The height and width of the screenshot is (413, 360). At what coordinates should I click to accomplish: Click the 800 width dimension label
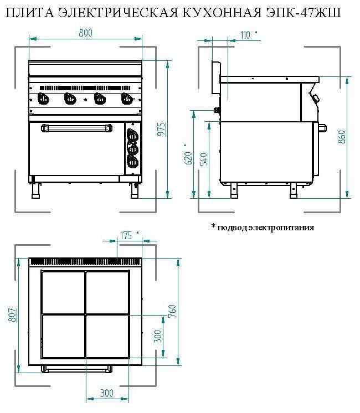[86, 33]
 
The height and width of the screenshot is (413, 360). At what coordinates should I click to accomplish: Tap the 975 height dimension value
[161, 129]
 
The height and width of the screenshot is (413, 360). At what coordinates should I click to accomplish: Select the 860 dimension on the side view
[342, 137]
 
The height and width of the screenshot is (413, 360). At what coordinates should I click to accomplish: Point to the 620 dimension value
[189, 158]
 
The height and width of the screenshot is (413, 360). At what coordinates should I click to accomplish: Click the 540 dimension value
[204, 159]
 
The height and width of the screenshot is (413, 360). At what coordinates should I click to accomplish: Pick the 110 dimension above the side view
[245, 35]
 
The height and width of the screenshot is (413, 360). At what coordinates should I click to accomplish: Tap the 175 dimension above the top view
[126, 235]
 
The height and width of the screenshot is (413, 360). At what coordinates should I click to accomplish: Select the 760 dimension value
[172, 311]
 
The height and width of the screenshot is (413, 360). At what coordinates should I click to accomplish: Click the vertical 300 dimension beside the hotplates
[158, 336]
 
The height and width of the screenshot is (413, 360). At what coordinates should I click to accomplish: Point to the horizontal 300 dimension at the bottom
[106, 393]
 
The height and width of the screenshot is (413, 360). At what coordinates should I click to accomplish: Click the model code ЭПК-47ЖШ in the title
[304, 12]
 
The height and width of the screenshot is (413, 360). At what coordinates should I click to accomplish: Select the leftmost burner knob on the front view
[43, 99]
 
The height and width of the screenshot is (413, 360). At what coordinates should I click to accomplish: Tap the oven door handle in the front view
[76, 128]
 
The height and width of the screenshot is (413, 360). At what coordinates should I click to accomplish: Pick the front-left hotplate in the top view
[63, 337]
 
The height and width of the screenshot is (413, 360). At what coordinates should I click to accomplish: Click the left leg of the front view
[35, 190]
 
